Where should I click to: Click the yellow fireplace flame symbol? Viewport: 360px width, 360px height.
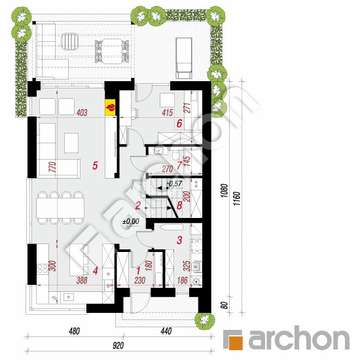pos(110,107)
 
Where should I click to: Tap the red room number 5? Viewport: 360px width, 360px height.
pos(95,166)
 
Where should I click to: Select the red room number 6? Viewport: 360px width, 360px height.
pos(179,124)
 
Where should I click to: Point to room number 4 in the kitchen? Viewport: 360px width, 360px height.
pos(96,270)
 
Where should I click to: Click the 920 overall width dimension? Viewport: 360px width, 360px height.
pos(118,346)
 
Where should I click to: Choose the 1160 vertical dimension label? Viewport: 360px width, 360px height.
pos(237,198)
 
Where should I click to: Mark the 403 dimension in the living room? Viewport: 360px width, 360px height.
pos(82,113)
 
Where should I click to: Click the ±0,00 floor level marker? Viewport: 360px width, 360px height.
pos(131,221)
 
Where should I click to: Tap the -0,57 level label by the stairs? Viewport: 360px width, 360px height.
pos(174,183)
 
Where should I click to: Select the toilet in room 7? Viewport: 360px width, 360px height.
pos(175,155)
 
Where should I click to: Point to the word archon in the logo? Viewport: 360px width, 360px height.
pos(298,338)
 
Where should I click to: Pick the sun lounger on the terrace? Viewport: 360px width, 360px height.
pos(184,58)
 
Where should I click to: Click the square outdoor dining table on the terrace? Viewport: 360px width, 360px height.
pos(112,51)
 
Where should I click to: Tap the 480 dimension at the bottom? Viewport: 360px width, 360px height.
pos(75,331)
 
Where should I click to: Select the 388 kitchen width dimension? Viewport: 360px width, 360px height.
pos(82,280)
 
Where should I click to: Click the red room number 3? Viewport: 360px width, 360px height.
pos(179,240)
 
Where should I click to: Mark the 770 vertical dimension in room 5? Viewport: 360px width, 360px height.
pos(52,167)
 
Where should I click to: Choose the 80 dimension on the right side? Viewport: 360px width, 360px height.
pos(225,305)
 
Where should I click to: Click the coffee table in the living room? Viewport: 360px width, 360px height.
pos(71,143)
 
